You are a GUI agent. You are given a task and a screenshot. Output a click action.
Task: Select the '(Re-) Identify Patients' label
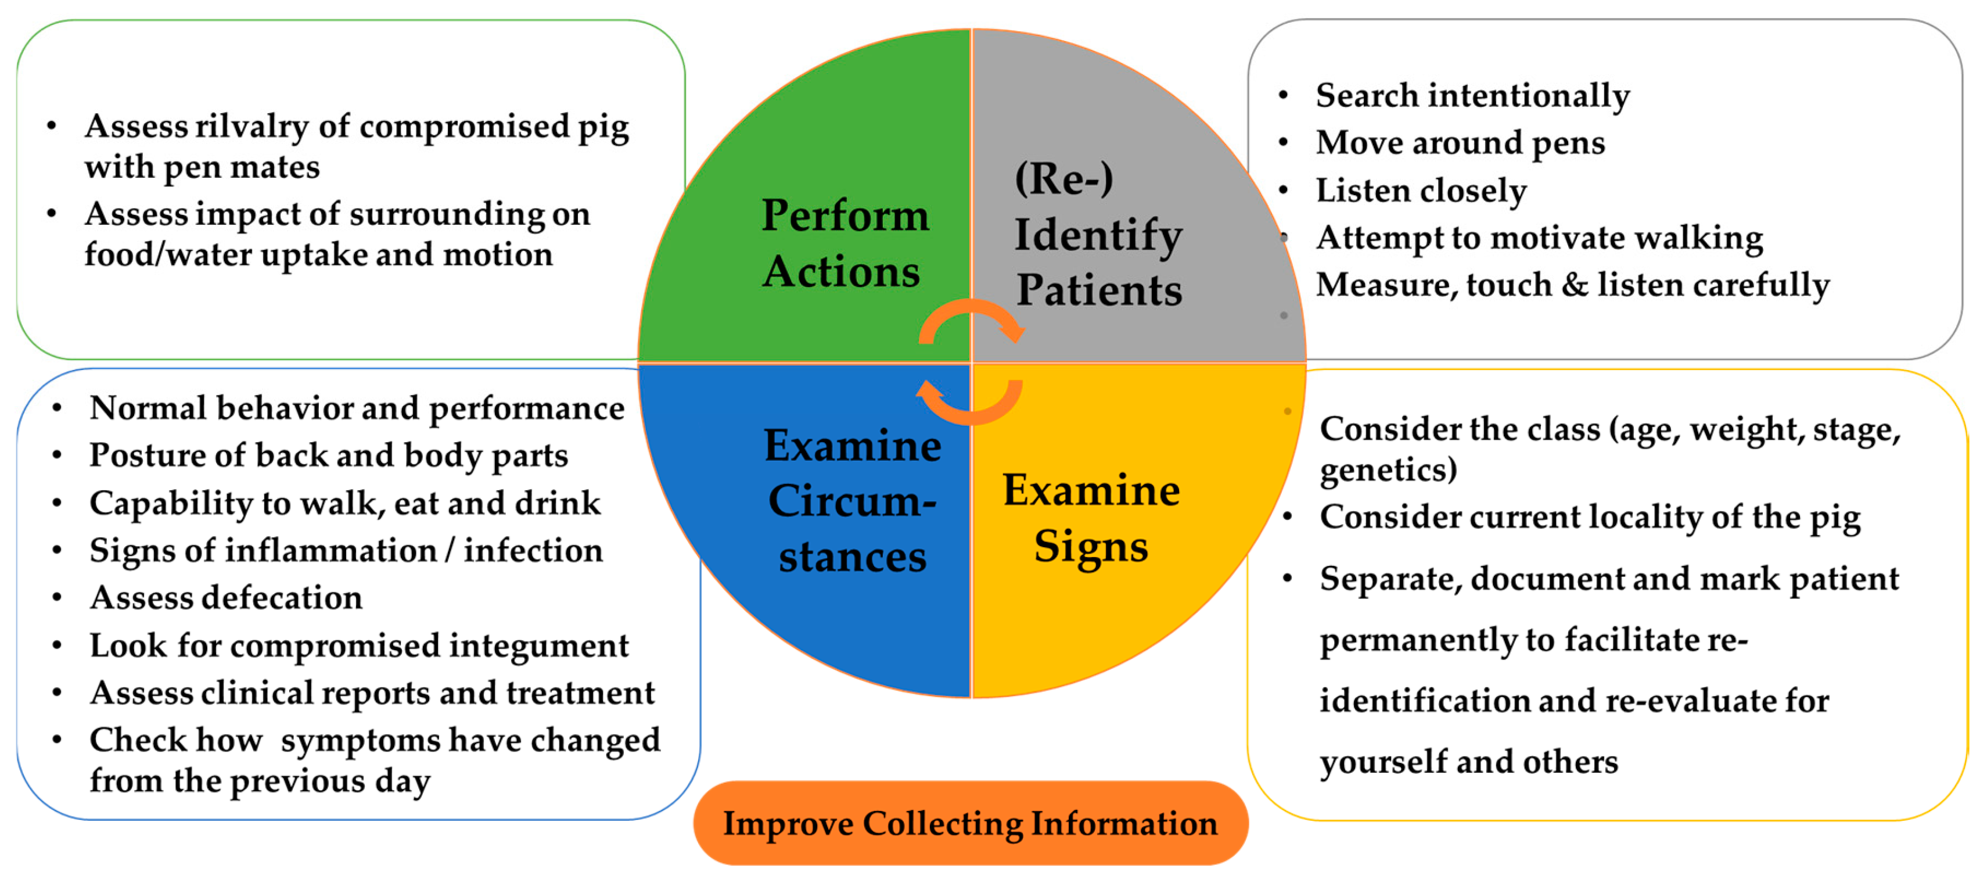1098,235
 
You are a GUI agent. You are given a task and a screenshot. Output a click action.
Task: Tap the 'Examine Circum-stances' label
851,501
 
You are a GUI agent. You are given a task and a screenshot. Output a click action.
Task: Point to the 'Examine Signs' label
1091,518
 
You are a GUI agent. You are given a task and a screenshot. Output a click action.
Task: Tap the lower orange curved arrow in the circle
970,401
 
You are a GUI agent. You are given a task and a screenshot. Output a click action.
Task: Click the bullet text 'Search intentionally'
1472,96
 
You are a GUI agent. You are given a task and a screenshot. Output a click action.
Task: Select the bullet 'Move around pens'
1460,143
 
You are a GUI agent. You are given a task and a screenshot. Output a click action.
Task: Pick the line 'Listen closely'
1421,191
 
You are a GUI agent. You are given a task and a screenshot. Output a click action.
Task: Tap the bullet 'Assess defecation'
225,598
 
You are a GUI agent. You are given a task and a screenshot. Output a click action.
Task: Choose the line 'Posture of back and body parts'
328,455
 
